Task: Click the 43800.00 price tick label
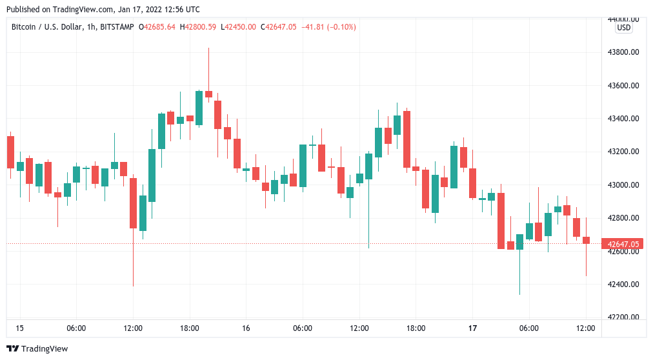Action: [623, 52]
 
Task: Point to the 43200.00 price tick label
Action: [623, 152]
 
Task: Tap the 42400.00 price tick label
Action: [623, 285]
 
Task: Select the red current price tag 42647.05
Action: [623, 244]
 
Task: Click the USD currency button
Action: [624, 28]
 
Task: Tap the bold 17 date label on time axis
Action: [472, 328]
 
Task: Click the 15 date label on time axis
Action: [19, 328]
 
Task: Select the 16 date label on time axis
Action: [246, 328]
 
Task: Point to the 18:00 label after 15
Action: [189, 328]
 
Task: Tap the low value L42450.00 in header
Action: [239, 26]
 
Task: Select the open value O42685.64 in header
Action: [157, 26]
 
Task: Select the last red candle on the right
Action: [586, 240]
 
